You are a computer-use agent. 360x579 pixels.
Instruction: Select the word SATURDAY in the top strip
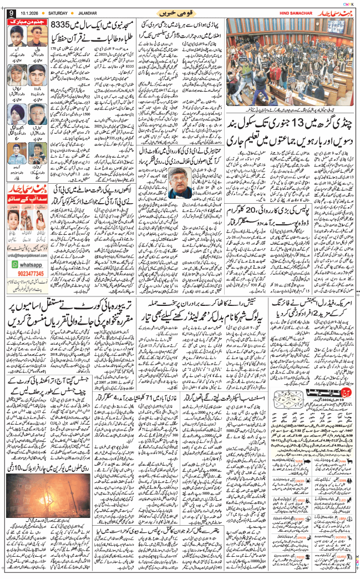(63, 12)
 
